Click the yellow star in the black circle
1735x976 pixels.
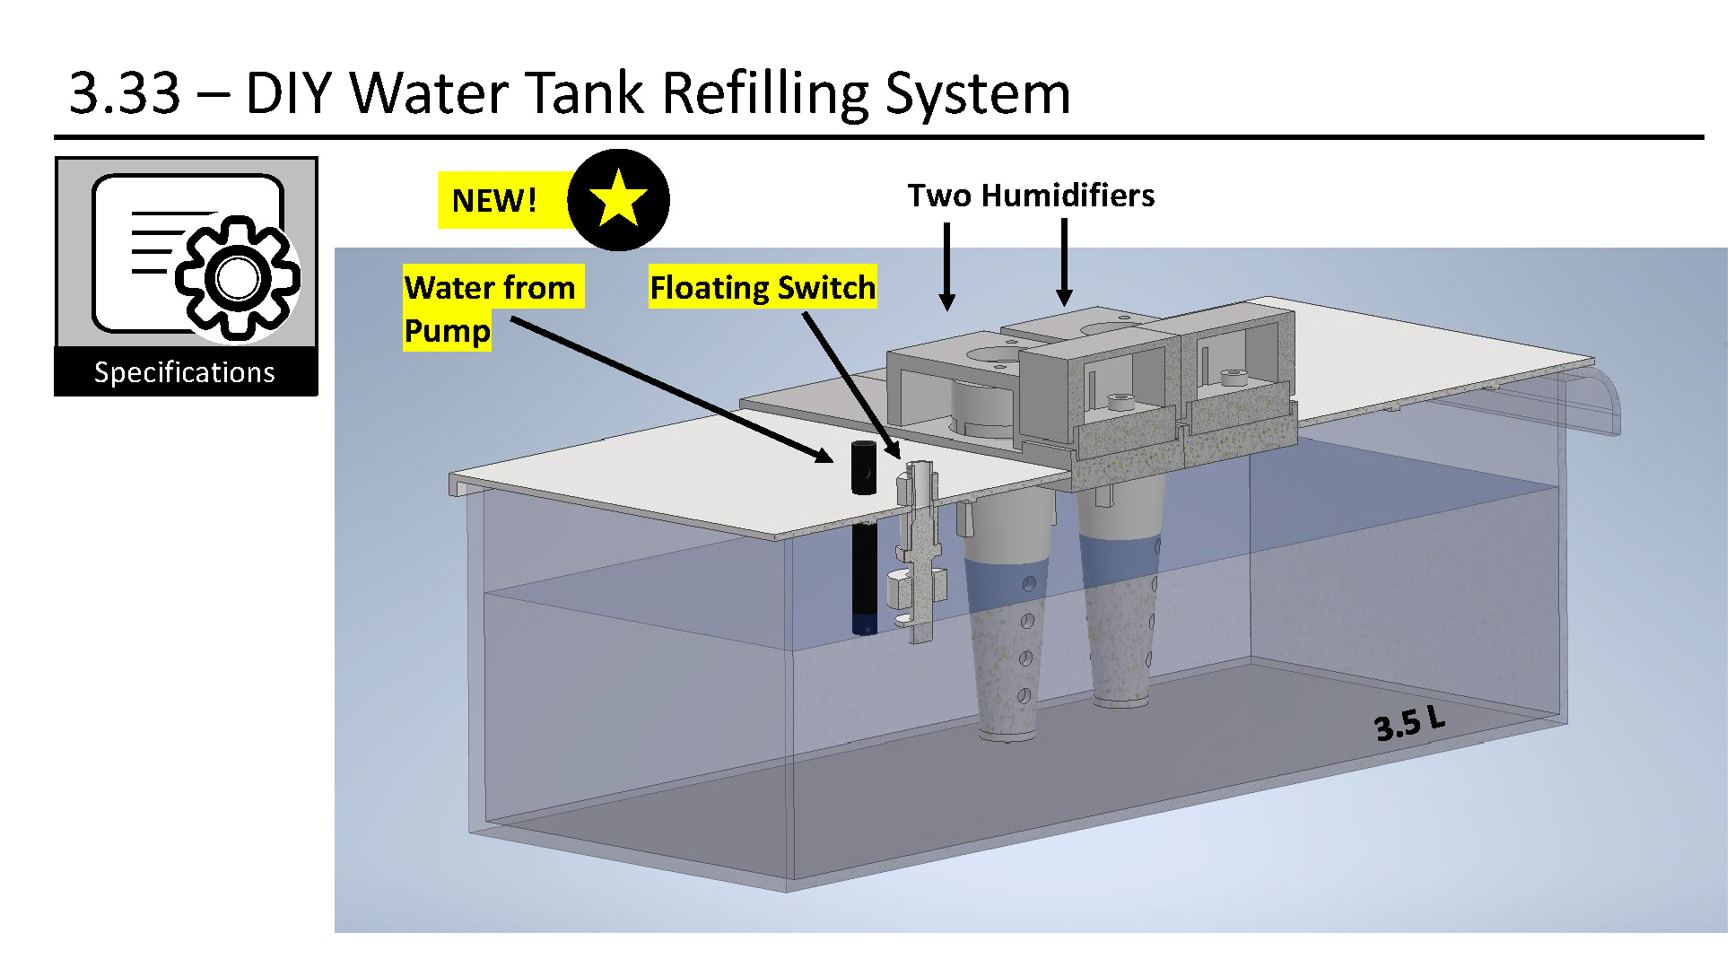[x=618, y=198]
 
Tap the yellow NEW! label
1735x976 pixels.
[x=494, y=200]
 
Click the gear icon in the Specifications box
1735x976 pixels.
[x=238, y=277]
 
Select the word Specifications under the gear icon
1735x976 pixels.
[x=185, y=372]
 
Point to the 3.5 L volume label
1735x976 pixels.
[x=1409, y=722]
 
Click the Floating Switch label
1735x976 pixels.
[x=763, y=287]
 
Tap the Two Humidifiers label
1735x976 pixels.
[x=1031, y=196]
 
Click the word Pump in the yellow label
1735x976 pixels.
[x=447, y=330]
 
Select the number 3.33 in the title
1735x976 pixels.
[x=125, y=92]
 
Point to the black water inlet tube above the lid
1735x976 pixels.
[x=864, y=467]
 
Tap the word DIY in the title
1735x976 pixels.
[x=290, y=92]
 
